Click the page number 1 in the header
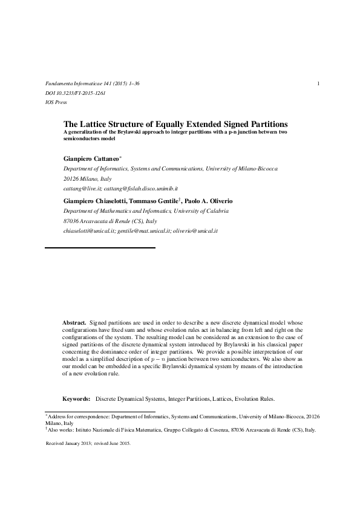(x=318, y=83)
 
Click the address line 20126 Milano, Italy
(x=87, y=179)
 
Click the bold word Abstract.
(x=74, y=323)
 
